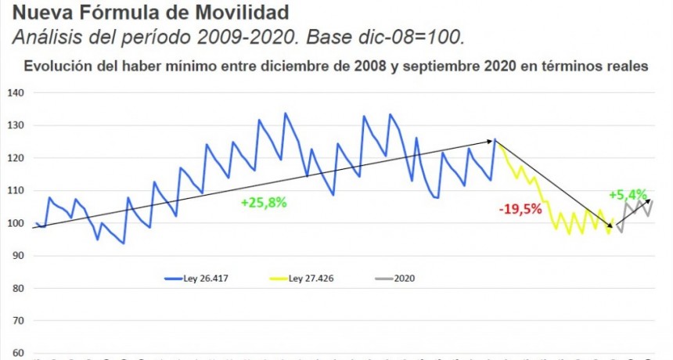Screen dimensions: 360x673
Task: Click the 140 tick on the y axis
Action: (x=16, y=93)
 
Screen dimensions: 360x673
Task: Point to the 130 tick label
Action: (x=16, y=125)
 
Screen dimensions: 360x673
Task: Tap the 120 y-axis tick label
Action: (x=16, y=158)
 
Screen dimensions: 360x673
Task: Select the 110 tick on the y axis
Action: (x=16, y=191)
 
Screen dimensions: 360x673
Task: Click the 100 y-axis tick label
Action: (x=16, y=224)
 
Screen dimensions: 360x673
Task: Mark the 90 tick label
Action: (x=18, y=256)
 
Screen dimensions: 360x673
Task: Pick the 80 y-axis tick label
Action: (x=18, y=289)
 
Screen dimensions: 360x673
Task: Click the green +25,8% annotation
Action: (x=264, y=202)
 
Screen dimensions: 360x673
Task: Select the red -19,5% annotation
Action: (x=520, y=209)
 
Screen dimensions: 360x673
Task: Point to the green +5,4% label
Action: (x=628, y=194)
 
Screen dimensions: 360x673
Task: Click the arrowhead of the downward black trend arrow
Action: (x=615, y=226)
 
